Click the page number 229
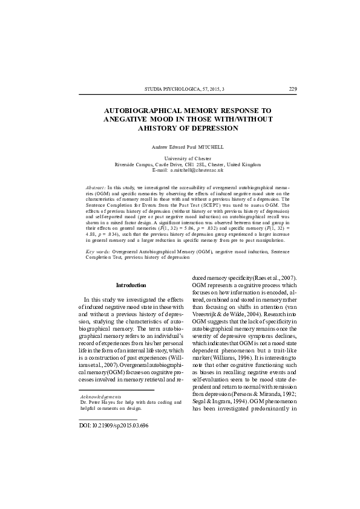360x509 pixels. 293,89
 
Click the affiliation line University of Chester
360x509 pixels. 188,158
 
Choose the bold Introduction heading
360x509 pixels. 131,285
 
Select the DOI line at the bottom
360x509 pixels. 114,425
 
